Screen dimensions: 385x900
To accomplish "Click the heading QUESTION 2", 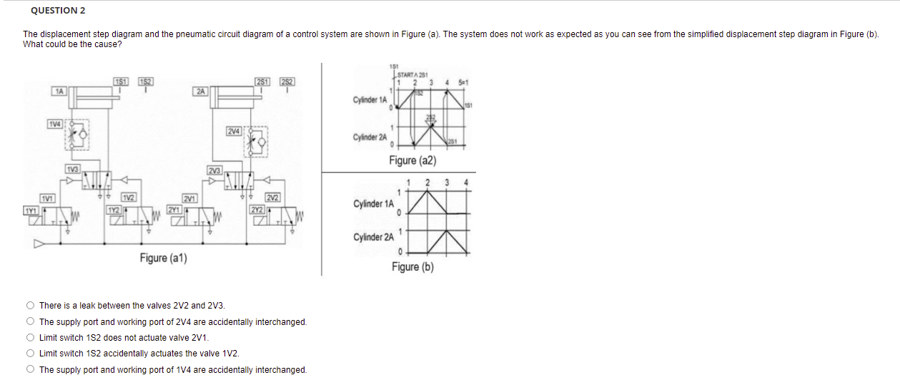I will pos(54,11).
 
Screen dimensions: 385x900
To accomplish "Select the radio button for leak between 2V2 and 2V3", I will pos(30,306).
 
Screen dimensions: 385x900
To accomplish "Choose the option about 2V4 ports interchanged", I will pos(30,322).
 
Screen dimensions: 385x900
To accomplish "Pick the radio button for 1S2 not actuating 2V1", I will pos(30,338).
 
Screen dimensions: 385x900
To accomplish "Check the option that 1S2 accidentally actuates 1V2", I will pos(30,354).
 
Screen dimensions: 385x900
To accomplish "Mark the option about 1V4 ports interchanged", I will pos(30,370).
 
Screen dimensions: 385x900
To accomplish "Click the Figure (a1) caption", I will pos(163,258).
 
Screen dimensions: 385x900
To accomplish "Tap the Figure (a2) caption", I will pos(412,161).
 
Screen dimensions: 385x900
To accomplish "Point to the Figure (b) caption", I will pos(412,267).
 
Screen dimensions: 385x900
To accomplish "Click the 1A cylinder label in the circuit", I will pos(60,91).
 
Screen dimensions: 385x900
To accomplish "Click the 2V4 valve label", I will pos(234,131).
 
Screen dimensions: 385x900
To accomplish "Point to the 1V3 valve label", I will pos(72,169).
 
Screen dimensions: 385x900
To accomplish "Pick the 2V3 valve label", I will pos(214,170).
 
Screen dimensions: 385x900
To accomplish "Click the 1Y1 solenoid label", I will pos(31,211).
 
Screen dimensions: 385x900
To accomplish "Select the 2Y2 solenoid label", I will pos(257,209).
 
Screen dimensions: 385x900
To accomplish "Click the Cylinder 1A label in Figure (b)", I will pos(373,204).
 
